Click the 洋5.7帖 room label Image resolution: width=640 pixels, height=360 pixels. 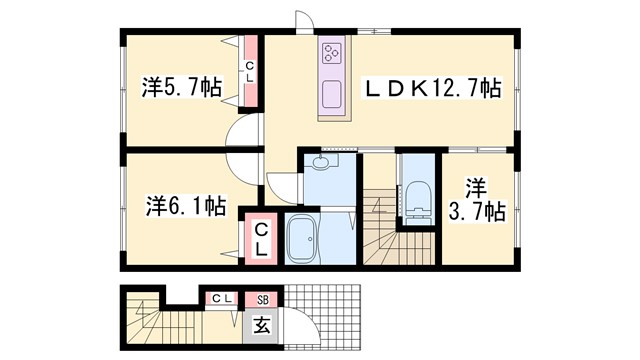coord(181,87)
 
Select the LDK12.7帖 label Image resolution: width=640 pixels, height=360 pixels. coord(431,88)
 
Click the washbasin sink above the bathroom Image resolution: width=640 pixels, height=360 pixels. coord(322,164)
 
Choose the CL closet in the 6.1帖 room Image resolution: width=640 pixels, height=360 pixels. coord(259,241)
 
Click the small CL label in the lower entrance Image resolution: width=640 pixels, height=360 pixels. coord(221,298)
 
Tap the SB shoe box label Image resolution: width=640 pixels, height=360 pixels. coord(263,298)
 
